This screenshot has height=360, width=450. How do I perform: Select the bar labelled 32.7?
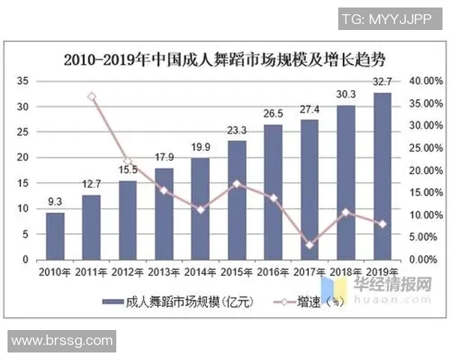click(x=382, y=176)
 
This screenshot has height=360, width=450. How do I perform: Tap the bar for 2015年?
click(x=237, y=199)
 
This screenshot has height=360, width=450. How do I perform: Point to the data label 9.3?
click(x=55, y=201)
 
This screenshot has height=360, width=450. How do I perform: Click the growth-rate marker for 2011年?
click(x=91, y=97)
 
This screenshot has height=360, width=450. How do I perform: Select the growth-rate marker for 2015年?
click(x=237, y=184)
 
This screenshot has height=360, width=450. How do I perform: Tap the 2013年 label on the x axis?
click(x=164, y=271)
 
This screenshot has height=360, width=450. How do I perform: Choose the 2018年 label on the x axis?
click(x=346, y=271)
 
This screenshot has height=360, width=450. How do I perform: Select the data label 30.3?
click(x=346, y=94)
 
